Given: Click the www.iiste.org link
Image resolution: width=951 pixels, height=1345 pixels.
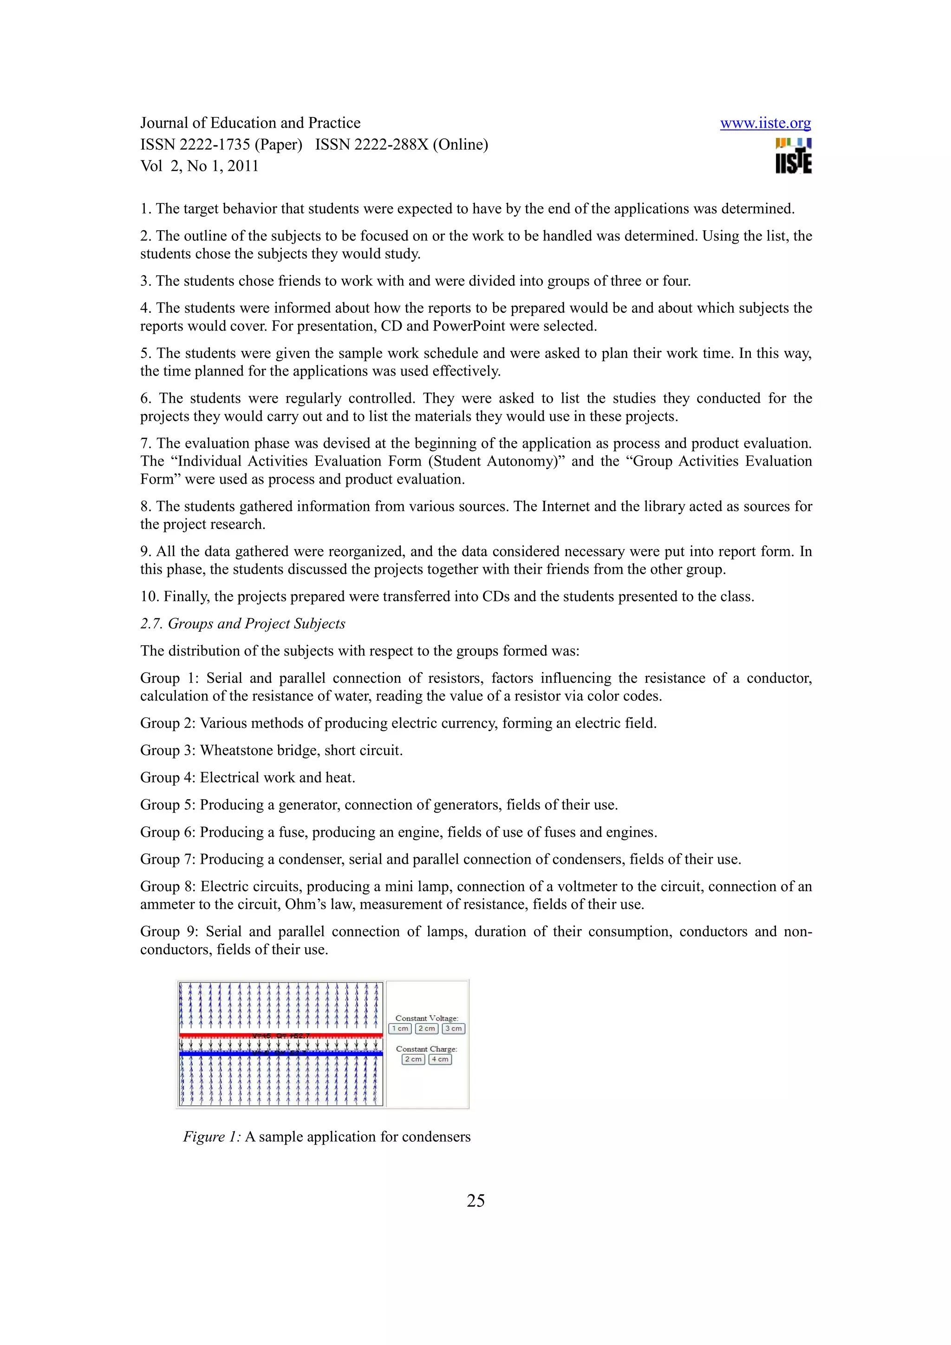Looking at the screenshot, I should pyautogui.click(x=765, y=123).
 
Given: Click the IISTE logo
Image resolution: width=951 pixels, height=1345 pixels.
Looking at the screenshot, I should pyautogui.click(x=794, y=157).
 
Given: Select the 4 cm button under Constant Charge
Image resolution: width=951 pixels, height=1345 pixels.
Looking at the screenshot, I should pyautogui.click(x=440, y=1059).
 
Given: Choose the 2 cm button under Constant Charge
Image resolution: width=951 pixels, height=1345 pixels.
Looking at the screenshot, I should pyautogui.click(x=413, y=1059).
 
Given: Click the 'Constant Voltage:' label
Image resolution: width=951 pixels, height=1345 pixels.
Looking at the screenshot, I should pyautogui.click(x=427, y=1018).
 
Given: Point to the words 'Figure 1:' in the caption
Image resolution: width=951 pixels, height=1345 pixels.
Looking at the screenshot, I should pyautogui.click(x=212, y=1137).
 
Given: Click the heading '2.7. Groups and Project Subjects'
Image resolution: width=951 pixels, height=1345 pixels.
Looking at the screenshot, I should pyautogui.click(x=242, y=623).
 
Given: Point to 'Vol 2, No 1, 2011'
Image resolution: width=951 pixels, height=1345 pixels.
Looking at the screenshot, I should pyautogui.click(x=199, y=166).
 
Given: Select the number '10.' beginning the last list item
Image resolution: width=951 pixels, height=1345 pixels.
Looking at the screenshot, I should pyautogui.click(x=150, y=596).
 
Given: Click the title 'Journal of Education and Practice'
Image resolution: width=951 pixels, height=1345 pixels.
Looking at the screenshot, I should pyautogui.click(x=250, y=123).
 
